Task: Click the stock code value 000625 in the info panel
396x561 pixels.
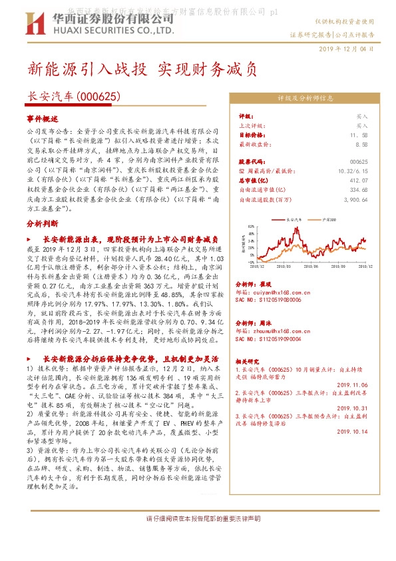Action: point(358,162)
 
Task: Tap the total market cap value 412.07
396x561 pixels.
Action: point(359,180)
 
